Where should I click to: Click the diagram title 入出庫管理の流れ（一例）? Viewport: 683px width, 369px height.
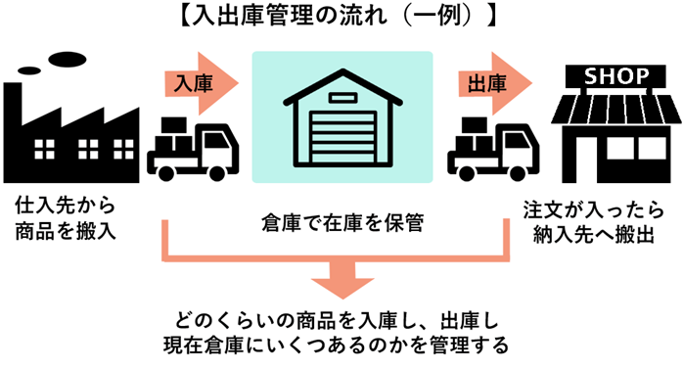click(x=341, y=17)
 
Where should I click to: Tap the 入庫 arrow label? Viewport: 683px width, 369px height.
click(x=190, y=85)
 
